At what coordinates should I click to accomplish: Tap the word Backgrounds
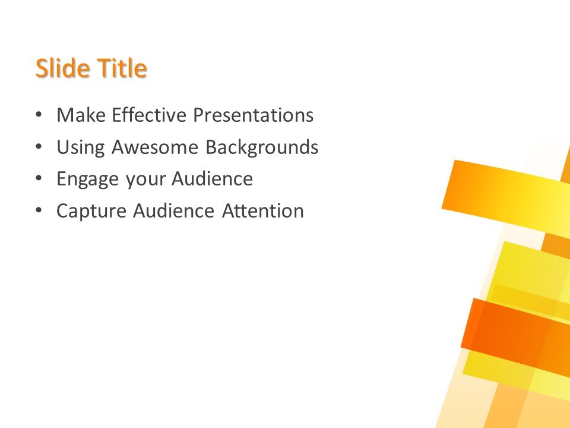tap(262, 147)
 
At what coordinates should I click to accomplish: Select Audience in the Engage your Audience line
tap(213, 179)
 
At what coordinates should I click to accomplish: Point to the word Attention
tap(263, 211)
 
